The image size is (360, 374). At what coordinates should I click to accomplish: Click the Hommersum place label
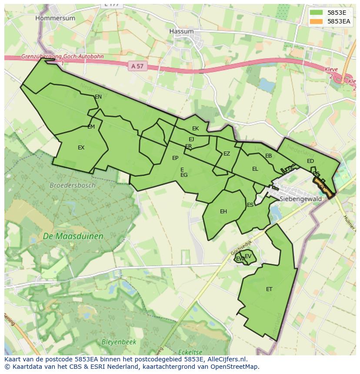55,18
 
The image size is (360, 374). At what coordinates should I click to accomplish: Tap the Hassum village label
181,31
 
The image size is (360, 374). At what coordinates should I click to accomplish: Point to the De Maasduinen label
73,236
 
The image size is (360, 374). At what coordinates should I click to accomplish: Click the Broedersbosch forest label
72,185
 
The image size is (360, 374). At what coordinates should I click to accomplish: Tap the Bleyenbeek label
119,342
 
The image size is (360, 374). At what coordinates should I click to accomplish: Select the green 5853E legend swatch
317,13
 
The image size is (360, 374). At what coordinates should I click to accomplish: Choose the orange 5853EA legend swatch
317,21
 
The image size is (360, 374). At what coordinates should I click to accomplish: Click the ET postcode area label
269,289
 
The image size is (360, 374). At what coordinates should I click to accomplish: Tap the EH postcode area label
223,212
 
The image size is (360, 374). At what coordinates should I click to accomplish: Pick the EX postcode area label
81,148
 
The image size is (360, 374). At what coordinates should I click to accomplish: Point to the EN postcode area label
98,97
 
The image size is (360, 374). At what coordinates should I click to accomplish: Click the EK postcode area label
195,128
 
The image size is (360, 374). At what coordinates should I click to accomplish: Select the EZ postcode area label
227,154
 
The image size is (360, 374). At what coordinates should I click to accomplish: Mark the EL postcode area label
255,169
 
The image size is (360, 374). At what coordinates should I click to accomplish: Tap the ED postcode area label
310,161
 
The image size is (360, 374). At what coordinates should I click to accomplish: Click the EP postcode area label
175,158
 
